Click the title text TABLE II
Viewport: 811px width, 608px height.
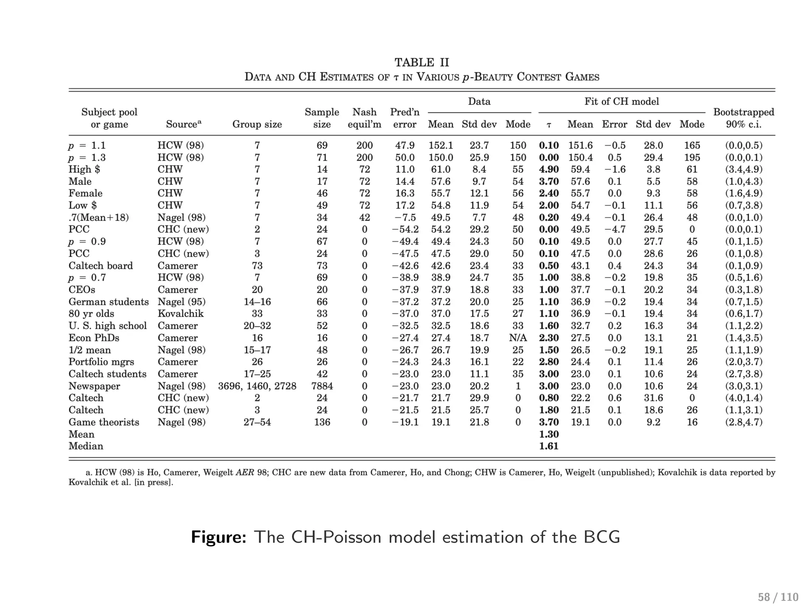tap(422, 63)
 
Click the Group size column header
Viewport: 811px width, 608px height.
tap(257, 124)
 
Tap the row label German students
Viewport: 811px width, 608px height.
tap(109, 302)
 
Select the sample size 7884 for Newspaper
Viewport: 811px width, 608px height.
tap(322, 386)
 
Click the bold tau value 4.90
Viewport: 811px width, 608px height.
tap(549, 169)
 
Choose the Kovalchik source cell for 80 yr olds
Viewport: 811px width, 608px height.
tap(181, 313)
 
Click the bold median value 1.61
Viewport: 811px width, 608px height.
tap(549, 446)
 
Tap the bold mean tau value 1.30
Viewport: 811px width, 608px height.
tap(549, 434)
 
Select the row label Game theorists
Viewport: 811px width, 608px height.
tap(104, 422)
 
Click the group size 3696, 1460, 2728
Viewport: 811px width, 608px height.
tap(257, 386)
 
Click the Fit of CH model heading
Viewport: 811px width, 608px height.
tap(622, 101)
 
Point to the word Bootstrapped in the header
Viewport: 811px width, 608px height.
tap(743, 112)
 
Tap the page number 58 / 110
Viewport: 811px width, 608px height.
tap(778, 597)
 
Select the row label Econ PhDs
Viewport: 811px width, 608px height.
tap(94, 338)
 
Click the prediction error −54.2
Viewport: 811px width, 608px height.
tap(405, 229)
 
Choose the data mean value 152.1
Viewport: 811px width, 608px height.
tap(440, 145)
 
